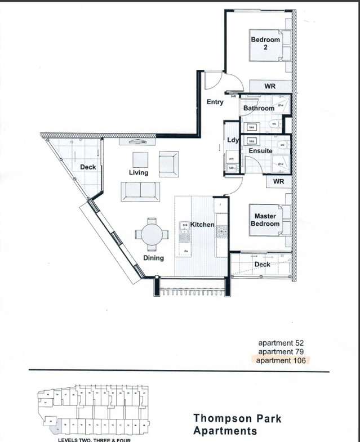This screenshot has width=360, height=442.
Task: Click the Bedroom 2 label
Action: [265, 43]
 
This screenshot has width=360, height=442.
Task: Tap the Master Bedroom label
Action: [265, 220]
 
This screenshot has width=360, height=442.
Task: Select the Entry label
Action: [215, 102]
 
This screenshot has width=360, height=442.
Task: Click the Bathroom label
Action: [259, 108]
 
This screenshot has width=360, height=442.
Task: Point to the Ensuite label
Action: [260, 151]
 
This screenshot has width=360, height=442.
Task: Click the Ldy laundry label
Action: [233, 140]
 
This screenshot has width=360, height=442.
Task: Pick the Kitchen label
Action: [202, 225]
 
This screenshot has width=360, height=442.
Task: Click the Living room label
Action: [139, 172]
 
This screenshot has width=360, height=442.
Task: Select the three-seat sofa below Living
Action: [139, 191]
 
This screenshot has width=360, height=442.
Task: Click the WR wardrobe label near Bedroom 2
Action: [270, 86]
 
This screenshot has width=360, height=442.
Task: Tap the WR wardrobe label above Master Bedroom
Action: [278, 182]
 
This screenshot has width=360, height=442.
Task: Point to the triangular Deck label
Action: [87, 167]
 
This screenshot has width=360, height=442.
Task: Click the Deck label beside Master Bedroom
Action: [262, 264]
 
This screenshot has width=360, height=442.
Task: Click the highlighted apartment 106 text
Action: [281, 360]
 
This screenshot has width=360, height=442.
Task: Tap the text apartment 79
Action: [281, 351]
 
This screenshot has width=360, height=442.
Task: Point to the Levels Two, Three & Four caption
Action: [90, 440]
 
